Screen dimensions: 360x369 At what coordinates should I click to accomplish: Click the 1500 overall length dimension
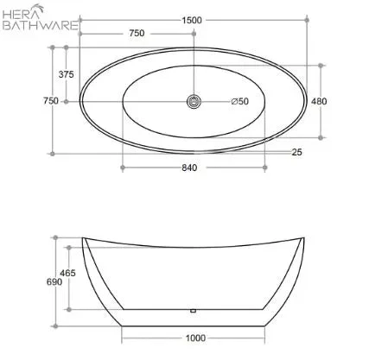pos(193,20)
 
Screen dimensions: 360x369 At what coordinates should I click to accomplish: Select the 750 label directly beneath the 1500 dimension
pos(137,34)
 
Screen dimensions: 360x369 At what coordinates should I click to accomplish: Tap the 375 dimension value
pos(66,74)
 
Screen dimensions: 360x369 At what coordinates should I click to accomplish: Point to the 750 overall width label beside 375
pos(51,101)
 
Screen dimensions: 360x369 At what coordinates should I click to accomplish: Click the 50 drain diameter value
pos(243,102)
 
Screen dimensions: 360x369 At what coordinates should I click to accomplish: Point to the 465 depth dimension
pos(67,273)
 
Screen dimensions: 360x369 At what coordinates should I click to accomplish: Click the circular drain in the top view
pos(193,102)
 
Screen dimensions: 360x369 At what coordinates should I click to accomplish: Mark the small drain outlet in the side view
pos(193,309)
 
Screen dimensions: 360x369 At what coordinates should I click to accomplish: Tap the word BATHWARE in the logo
pos(40,26)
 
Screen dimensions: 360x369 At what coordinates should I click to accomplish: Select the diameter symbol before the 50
pos(234,102)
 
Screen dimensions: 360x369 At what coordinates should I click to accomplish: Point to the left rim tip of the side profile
pos(83,237)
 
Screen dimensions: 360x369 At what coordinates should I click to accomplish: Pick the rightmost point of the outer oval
pos(305,102)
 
